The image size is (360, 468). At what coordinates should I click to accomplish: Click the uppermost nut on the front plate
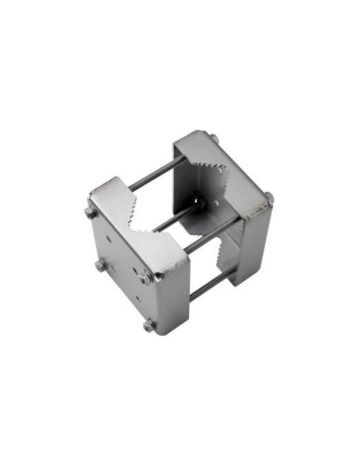tap(90, 213)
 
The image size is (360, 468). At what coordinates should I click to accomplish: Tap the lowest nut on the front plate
tap(149, 325)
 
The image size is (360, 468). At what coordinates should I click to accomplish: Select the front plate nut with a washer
tap(146, 277)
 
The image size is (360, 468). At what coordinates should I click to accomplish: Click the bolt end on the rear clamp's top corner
tap(215, 139)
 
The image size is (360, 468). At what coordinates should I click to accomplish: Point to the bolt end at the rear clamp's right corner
tap(268, 198)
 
